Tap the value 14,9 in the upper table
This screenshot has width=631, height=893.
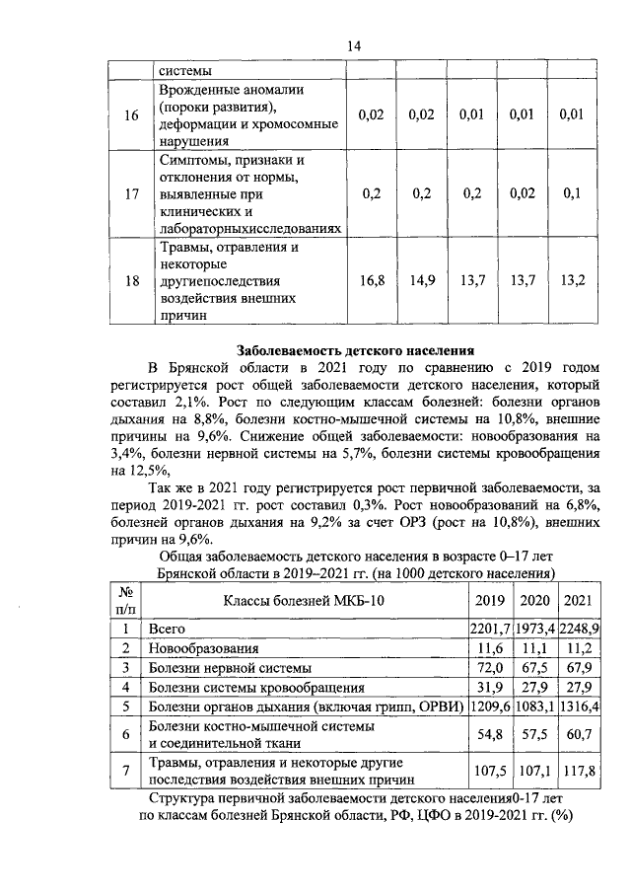point(422,280)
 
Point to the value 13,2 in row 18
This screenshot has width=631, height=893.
point(572,280)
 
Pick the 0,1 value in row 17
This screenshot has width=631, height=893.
point(572,193)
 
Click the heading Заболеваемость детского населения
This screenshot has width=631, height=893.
point(355,348)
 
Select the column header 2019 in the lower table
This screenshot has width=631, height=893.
point(489,600)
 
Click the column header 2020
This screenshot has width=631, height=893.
point(533,600)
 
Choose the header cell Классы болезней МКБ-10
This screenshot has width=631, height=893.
point(303,600)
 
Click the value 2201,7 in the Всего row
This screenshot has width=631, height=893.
point(489,628)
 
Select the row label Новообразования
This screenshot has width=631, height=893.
point(203,648)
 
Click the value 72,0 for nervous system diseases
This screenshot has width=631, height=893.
point(489,668)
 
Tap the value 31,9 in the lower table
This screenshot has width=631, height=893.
point(489,688)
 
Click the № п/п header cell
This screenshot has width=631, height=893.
point(125,600)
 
